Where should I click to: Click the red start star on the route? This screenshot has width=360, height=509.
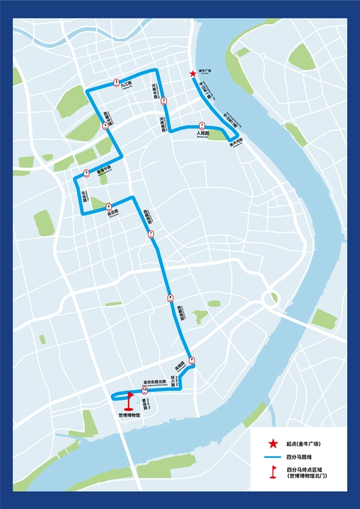pos(192,73)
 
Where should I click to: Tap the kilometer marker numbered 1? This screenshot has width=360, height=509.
pos(202,125)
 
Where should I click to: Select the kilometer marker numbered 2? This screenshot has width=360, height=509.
pos(163,101)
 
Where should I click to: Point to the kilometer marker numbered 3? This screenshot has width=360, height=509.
pos(117,82)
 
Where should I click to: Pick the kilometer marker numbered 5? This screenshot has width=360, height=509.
pos(86,172)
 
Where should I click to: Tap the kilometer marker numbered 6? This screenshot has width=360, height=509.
pos(109,206)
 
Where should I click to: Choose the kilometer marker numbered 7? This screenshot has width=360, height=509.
pos(150,234)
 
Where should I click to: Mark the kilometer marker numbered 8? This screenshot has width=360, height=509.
pos(170,297)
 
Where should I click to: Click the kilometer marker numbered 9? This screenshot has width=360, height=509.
pos(192,360)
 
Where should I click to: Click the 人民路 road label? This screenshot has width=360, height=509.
pos(202,134)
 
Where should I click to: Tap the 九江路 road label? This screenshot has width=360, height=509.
pos(127,84)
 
